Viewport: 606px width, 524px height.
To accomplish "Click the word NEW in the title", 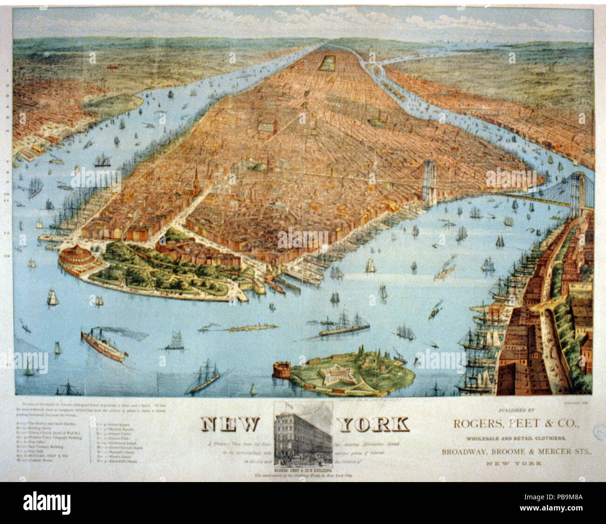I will pos(230,424).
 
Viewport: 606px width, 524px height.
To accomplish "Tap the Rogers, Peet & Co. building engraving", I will pos(303,432).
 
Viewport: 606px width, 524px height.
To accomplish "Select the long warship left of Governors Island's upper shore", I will pos(344,326).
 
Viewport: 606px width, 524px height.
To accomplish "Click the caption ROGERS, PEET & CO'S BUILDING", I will pos(303,470).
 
